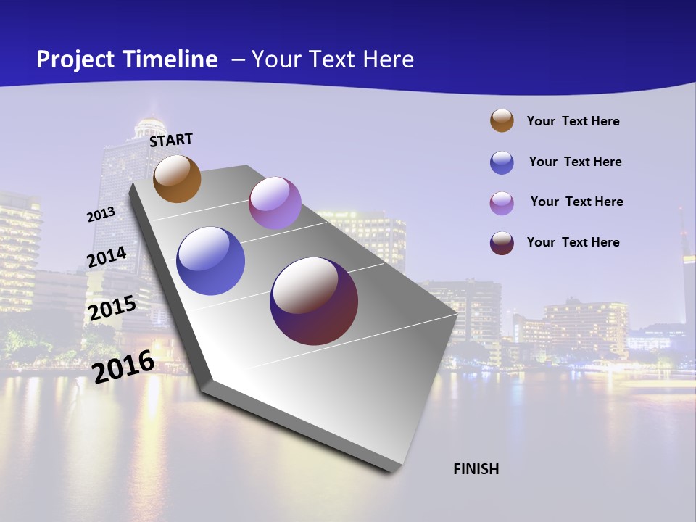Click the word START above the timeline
[x=171, y=140]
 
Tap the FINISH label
[x=476, y=469]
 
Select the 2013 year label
[x=101, y=215]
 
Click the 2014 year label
[x=107, y=257]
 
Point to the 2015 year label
[x=112, y=308]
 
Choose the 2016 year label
[x=123, y=366]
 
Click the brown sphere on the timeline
[x=177, y=178]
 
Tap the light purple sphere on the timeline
[x=275, y=203]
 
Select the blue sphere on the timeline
[x=211, y=261]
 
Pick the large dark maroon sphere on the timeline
[x=314, y=301]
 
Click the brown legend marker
[x=502, y=121]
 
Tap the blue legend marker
[x=502, y=162]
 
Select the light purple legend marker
[x=502, y=203]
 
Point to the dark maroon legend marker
[x=502, y=243]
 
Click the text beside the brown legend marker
[x=573, y=121]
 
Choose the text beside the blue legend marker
[x=575, y=162]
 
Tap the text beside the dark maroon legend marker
[x=573, y=242]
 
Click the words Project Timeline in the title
[x=127, y=59]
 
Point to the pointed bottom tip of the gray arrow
[x=395, y=471]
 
